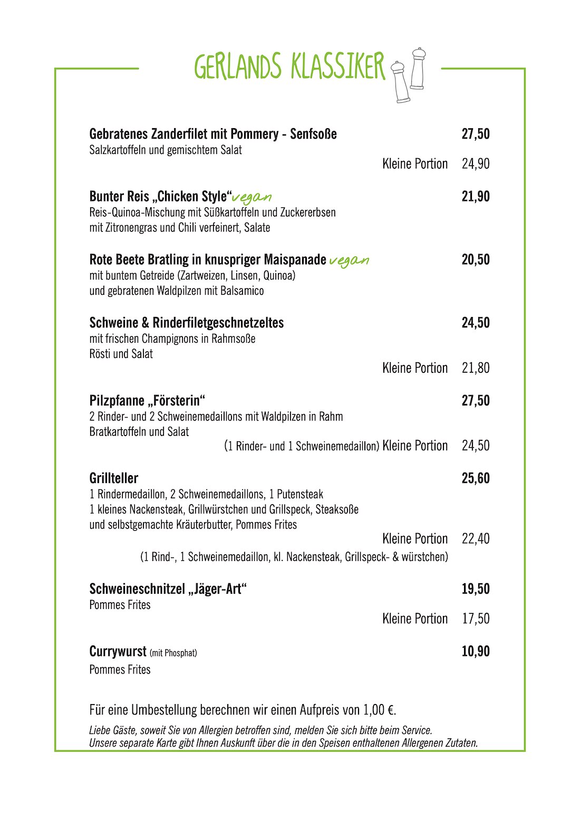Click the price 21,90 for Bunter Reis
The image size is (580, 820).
tap(476, 197)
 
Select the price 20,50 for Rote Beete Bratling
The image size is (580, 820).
tap(476, 259)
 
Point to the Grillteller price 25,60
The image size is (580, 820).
tap(476, 478)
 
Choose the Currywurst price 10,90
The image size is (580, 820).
tap(476, 651)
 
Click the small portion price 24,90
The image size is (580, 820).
tap(476, 164)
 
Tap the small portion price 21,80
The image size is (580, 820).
tap(476, 368)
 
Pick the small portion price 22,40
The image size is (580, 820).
tap(476, 539)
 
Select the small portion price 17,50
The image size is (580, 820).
tap(476, 619)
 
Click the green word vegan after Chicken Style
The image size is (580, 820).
tap(252, 198)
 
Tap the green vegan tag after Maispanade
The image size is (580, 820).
tap(349, 261)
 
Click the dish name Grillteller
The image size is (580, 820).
tap(114, 478)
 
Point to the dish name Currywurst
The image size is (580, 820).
tap(118, 652)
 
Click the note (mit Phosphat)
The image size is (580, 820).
tap(173, 653)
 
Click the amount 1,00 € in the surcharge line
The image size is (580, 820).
tap(379, 710)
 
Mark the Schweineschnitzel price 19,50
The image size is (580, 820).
tap(476, 589)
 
